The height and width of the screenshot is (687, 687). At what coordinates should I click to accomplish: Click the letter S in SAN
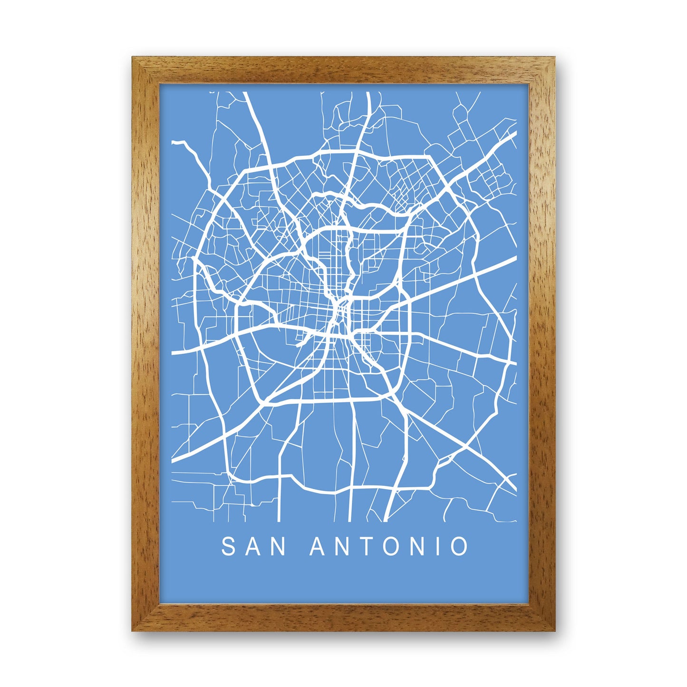(229, 547)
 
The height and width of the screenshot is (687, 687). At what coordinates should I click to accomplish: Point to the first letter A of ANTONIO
(318, 547)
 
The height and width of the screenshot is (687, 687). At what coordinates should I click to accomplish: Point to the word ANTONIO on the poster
(389, 547)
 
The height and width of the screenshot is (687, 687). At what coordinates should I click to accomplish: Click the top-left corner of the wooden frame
(134, 58)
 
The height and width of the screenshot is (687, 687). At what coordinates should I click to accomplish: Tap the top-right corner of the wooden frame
(553, 58)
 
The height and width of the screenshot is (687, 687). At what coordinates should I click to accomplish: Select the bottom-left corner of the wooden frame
(134, 629)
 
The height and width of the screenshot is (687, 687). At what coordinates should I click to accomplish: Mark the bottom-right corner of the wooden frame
(553, 629)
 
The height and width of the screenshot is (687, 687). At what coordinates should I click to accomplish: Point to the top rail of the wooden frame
(343, 70)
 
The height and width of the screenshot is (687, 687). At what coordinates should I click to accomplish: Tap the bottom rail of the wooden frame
(343, 618)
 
